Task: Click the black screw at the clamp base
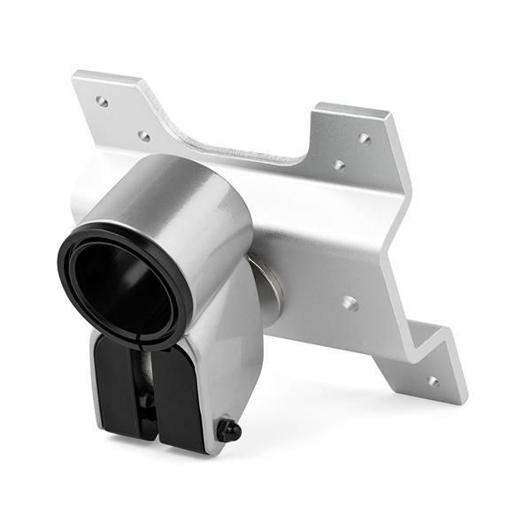[229, 430]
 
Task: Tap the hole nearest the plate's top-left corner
[102, 102]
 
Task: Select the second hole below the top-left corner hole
[143, 135]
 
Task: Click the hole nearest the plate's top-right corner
[364, 138]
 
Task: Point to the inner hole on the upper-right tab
[338, 165]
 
